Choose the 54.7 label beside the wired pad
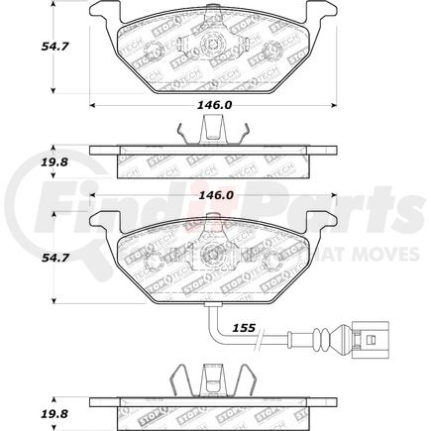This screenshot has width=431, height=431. coord(25,261)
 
